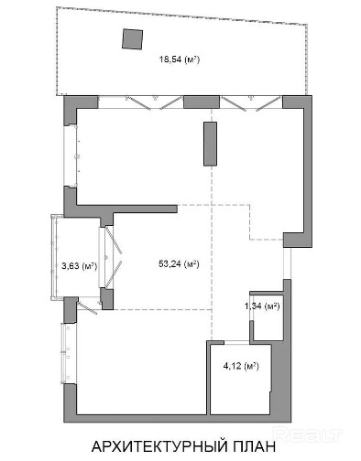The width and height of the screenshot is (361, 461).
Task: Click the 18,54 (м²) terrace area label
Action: [180, 59]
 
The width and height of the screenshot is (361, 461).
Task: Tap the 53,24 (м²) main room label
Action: [179, 263]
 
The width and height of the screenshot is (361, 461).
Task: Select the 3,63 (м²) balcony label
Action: [80, 266]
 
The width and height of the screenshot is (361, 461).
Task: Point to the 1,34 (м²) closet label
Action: [262, 306]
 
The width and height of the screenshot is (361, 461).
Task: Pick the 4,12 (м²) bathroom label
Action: [241, 366]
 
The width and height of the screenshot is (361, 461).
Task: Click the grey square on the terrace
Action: [133, 38]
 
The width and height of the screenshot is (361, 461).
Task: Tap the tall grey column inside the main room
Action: [210, 144]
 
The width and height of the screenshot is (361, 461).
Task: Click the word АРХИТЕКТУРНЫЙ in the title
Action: [159, 446]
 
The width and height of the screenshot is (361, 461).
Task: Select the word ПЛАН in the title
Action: [254, 446]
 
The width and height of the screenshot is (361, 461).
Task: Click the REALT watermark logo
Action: [308, 434]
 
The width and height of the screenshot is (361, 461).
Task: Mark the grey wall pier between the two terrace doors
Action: [202, 102]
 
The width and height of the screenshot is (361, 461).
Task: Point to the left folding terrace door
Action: [140, 102]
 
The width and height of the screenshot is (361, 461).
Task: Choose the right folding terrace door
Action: [251, 103]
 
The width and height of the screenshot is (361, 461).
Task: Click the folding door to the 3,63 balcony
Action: [111, 257]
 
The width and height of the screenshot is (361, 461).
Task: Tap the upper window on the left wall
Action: [71, 155]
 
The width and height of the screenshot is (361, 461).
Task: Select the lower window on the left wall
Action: [69, 353]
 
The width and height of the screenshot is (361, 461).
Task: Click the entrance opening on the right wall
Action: [287, 263]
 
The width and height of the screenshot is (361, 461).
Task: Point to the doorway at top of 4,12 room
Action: [237, 343]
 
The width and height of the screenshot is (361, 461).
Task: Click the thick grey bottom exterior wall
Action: [177, 419]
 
